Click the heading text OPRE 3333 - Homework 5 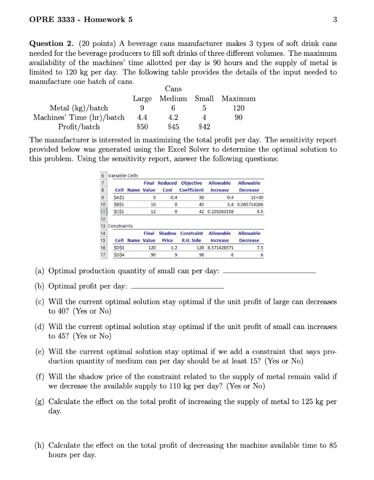pyautogui.click(x=81, y=20)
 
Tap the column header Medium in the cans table pyautogui.click(x=173, y=98)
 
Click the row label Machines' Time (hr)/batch pyautogui.click(x=79, y=117)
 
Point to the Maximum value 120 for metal pyautogui.click(x=238, y=108)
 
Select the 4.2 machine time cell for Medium pyautogui.click(x=173, y=117)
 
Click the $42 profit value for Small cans pyautogui.click(x=204, y=127)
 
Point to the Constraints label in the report pyautogui.click(x=121, y=226)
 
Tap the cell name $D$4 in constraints pyautogui.click(x=121, y=255)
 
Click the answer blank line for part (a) pyautogui.click(x=270, y=272)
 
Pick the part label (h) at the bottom pyautogui.click(x=40, y=445)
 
